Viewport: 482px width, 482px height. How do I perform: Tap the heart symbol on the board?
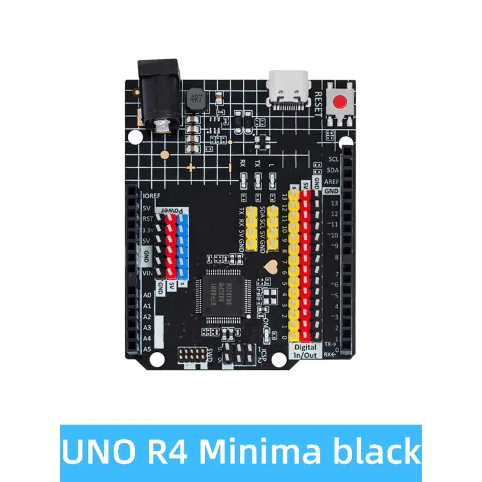[271, 263]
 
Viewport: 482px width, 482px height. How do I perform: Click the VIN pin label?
[147, 274]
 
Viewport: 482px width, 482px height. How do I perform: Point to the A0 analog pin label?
[147, 295]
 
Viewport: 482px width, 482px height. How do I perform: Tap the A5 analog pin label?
[147, 349]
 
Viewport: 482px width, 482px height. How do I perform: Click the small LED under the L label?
[272, 181]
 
